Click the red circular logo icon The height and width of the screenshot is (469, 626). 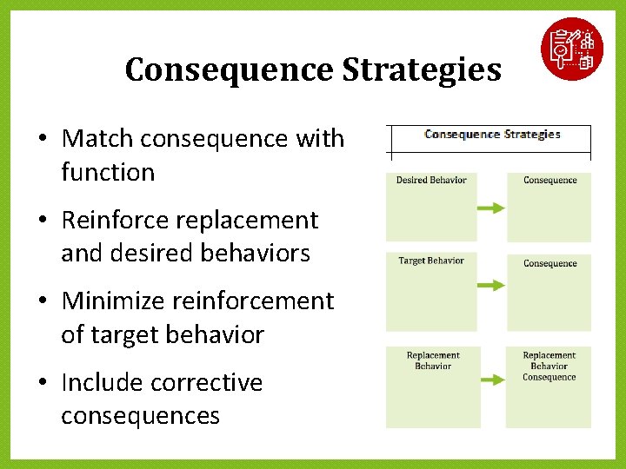571,49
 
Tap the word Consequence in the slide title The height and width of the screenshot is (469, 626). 228,69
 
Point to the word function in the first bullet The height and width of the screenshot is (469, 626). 108,172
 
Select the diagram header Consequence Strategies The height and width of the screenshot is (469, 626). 492,135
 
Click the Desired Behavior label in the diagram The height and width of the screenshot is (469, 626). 431,181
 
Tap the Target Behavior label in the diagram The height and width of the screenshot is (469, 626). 431,261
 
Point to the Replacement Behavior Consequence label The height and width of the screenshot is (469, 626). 549,366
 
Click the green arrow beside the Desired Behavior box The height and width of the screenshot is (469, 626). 491,208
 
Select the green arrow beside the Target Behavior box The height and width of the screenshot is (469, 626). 491,285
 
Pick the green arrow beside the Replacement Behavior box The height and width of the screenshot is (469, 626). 491,380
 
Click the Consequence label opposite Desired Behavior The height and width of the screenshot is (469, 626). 549,181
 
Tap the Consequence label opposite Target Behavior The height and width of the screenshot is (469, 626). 549,263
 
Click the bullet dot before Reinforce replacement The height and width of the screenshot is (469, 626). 42,221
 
